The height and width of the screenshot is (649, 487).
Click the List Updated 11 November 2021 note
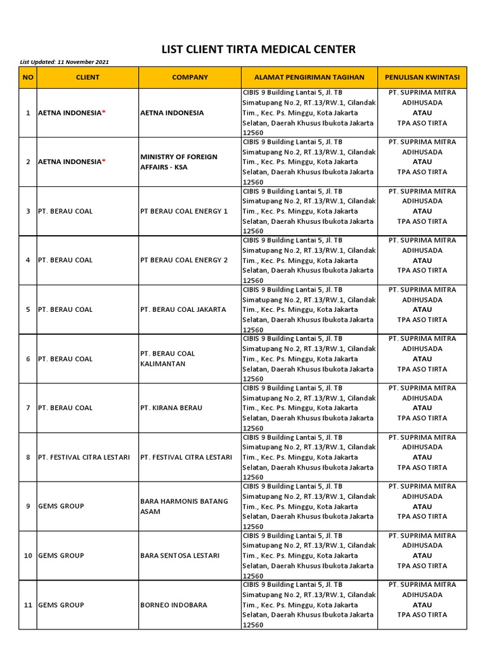(65, 61)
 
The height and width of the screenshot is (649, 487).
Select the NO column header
(28, 77)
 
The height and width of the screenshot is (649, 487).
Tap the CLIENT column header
(88, 77)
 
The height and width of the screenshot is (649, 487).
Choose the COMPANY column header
(190, 77)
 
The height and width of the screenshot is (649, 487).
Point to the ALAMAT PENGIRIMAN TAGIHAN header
(309, 77)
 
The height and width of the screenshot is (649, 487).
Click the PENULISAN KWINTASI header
(422, 77)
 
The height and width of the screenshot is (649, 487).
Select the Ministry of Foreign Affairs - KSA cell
(179, 162)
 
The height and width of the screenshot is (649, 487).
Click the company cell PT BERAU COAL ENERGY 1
(184, 211)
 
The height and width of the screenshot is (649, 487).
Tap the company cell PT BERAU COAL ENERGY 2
(184, 260)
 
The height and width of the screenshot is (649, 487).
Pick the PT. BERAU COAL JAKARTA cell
(183, 309)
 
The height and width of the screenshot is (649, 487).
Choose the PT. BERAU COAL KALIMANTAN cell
(168, 359)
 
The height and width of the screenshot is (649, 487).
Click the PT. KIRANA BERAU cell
(171, 408)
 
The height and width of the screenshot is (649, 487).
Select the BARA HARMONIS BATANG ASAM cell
(184, 506)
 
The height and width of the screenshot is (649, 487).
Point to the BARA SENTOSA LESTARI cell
(180, 555)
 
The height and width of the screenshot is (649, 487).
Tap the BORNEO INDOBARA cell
(174, 605)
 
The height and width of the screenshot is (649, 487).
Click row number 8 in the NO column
(28, 457)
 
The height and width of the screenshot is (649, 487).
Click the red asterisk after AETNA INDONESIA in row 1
(104, 112)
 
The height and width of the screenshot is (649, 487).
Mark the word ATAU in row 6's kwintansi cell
(422, 359)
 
